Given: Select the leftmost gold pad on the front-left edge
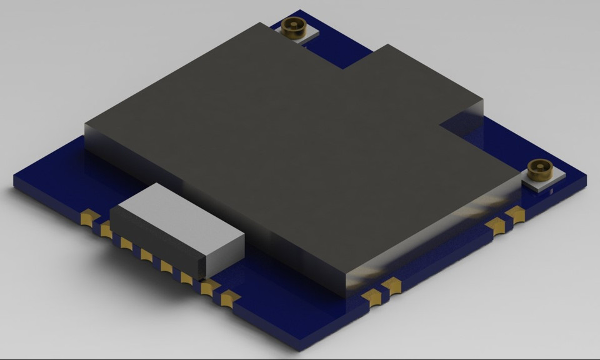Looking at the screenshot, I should point(89,217).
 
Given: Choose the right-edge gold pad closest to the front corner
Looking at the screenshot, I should point(374,297).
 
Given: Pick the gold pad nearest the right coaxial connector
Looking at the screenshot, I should point(516,214).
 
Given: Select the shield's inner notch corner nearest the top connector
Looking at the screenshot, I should point(342,69).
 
